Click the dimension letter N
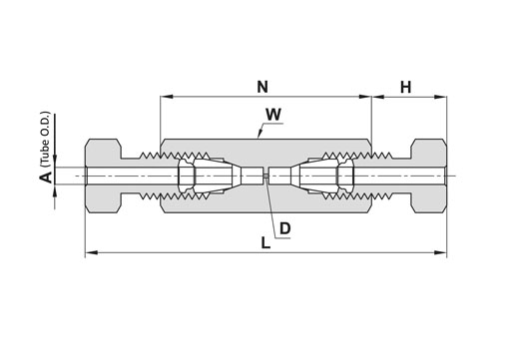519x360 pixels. (x=262, y=87)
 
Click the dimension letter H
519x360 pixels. (x=406, y=88)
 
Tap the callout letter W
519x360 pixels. (x=273, y=115)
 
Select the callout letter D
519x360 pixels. (x=285, y=228)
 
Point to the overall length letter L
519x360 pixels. (x=265, y=243)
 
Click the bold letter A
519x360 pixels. (x=46, y=177)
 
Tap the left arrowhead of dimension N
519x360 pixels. (x=167, y=97)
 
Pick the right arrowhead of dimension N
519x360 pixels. (x=365, y=97)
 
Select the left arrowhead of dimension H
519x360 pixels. (x=378, y=97)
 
